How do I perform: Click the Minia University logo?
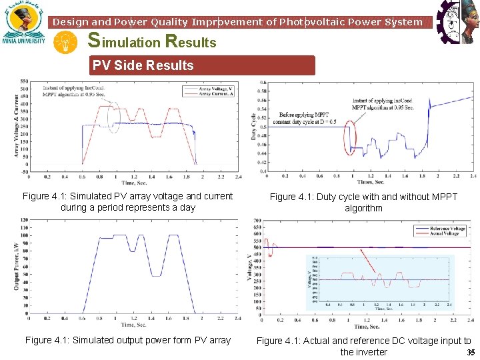pyautogui.click(x=24, y=23)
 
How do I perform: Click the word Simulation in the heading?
pyautogui.click(x=125, y=42)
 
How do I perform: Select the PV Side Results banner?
pyautogui.click(x=203, y=65)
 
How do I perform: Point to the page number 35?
pyautogui.click(x=471, y=353)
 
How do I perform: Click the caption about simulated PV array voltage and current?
pyautogui.click(x=128, y=201)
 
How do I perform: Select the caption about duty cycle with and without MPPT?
pyautogui.click(x=363, y=202)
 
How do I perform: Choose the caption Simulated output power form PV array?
pyautogui.click(x=128, y=340)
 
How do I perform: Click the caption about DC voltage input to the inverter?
pyautogui.click(x=363, y=346)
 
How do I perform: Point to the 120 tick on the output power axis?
pyautogui.click(x=24, y=220)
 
